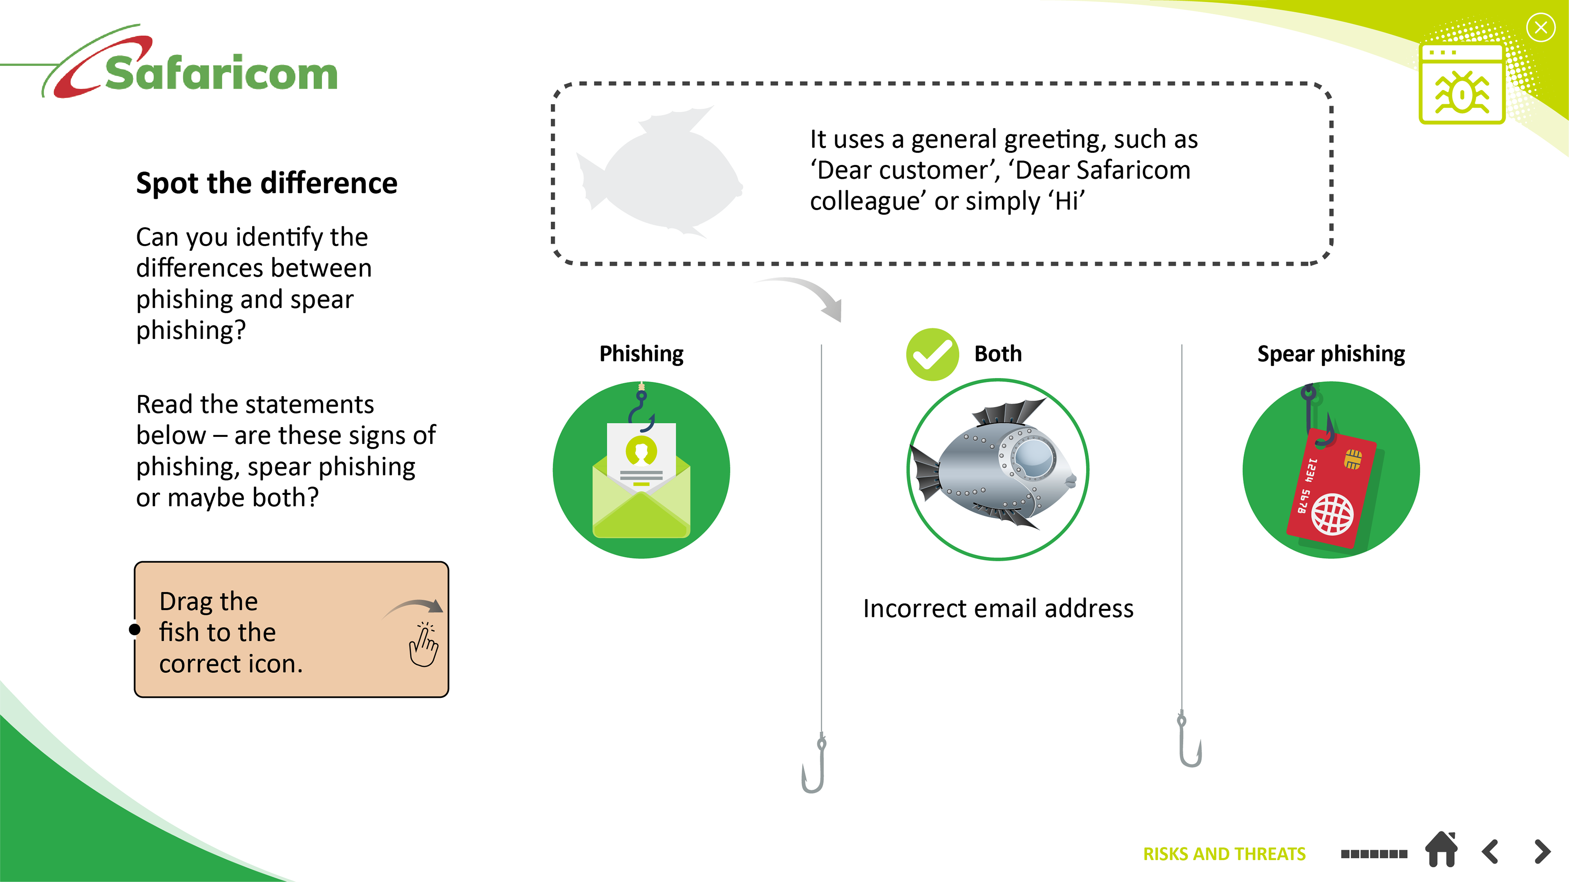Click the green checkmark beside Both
(932, 354)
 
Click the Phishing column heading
(641, 354)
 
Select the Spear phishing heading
(1331, 354)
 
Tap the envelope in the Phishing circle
(641, 481)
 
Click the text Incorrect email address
(998, 608)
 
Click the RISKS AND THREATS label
(1224, 854)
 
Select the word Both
(998, 354)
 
